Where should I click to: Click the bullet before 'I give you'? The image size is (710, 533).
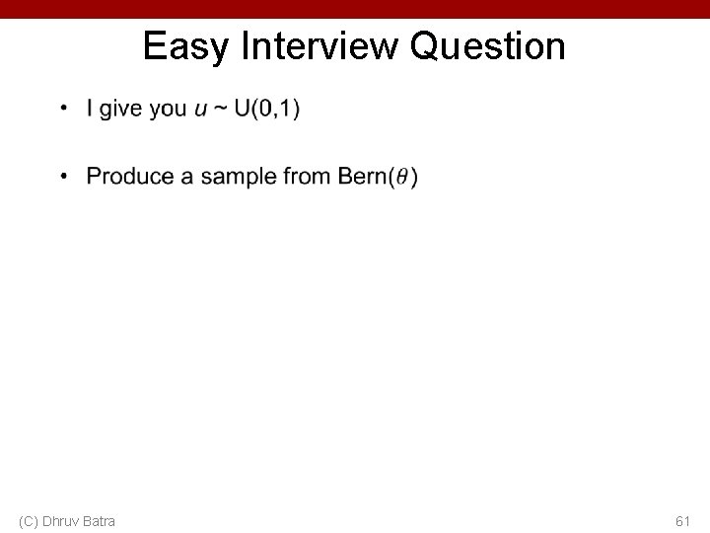[x=62, y=109]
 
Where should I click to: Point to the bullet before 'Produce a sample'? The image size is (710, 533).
[x=62, y=177]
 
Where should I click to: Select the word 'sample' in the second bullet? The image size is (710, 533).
[x=239, y=177]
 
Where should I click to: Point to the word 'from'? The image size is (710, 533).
[x=306, y=177]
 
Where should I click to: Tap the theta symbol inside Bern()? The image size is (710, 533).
[x=400, y=178]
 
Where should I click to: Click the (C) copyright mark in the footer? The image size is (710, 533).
[x=29, y=520]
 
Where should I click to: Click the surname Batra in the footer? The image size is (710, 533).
[x=99, y=520]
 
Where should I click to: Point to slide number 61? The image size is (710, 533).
[x=682, y=520]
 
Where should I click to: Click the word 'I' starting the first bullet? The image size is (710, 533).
[x=90, y=109]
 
